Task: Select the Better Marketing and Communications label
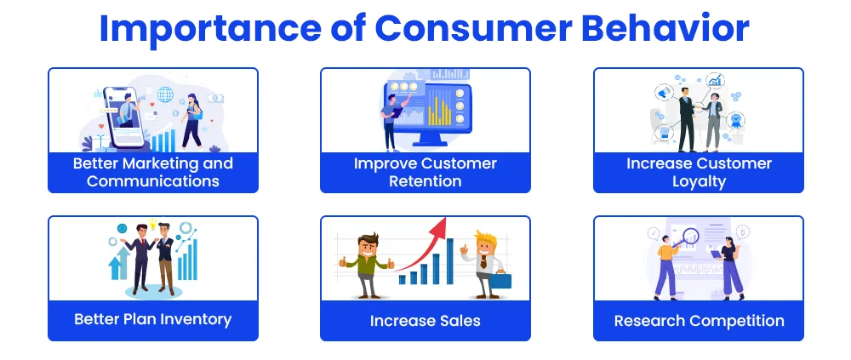coord(153,172)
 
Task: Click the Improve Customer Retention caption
coord(425,172)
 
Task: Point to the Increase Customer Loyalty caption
coord(699,172)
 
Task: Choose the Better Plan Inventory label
coord(153,319)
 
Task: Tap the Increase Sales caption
coord(425,321)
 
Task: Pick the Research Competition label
coord(699,321)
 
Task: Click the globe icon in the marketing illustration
coord(165,94)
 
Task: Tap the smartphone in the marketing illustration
coord(124,117)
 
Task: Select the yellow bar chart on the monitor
coord(440,111)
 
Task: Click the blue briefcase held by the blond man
coord(500,280)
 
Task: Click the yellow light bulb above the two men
coord(152,223)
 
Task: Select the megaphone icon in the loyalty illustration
coord(663,93)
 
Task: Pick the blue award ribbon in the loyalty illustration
coord(736,119)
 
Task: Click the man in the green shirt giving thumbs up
coord(367,265)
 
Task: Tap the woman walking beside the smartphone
coord(192,121)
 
